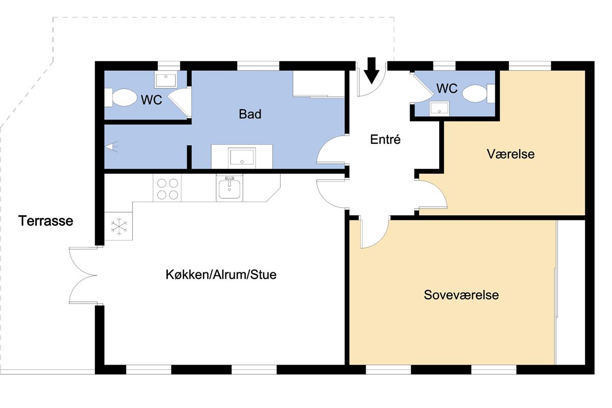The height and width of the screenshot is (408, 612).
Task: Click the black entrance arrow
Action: click(x=372, y=70)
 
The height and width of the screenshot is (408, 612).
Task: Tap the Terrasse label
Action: click(x=45, y=221)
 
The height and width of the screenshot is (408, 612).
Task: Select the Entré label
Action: click(x=385, y=139)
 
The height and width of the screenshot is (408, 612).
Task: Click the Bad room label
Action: click(x=250, y=114)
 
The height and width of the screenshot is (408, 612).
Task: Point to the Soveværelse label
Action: click(x=461, y=295)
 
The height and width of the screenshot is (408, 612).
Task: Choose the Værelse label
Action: click(x=511, y=154)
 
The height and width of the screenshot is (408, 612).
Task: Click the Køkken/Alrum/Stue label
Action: click(x=221, y=275)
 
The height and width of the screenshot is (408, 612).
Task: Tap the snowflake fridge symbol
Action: click(x=119, y=226)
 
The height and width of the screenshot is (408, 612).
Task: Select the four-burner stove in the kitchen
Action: click(x=167, y=189)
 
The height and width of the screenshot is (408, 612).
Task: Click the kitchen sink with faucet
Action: click(x=229, y=188)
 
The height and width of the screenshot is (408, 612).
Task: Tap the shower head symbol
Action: click(x=112, y=147)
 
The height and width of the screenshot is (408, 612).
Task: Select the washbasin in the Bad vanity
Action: click(x=242, y=157)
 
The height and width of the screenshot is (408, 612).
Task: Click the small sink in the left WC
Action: click(x=166, y=80)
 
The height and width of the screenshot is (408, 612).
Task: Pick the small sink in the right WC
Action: click(x=439, y=109)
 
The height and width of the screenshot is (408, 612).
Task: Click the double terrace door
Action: click(x=83, y=275)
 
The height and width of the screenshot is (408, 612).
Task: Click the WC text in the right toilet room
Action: click(x=447, y=88)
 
